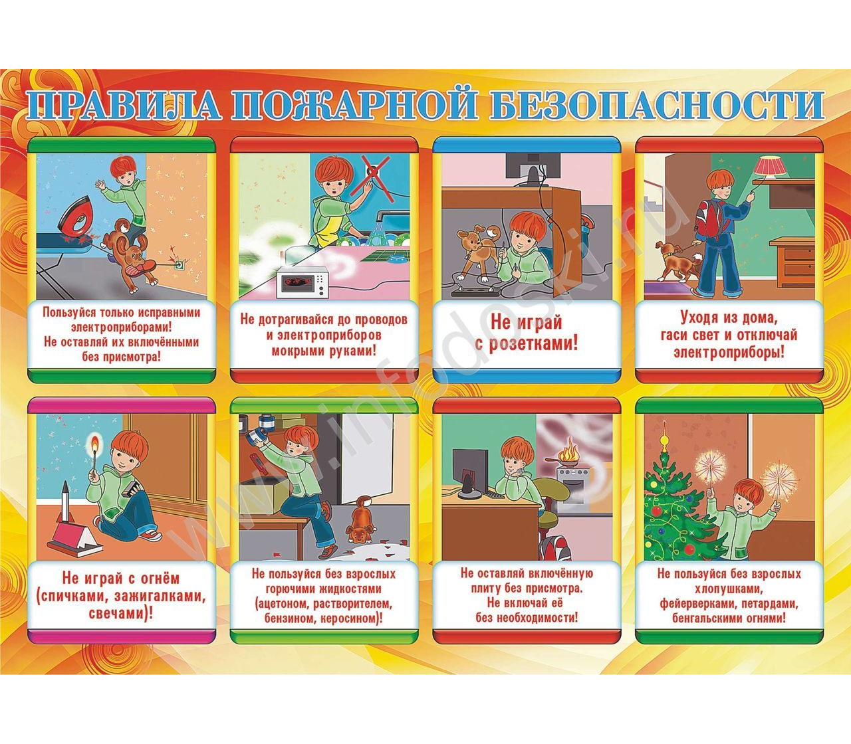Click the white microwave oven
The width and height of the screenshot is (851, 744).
point(303,282)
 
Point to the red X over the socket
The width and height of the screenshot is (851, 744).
point(370,175)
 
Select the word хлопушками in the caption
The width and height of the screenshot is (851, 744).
point(728,589)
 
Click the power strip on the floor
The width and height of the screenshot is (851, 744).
point(473,291)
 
